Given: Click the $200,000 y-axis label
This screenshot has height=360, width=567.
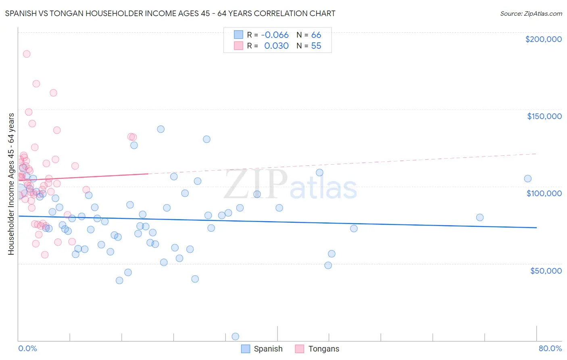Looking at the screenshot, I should pos(543,39).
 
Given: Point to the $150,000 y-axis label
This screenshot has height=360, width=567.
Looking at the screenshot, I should pos(544,116).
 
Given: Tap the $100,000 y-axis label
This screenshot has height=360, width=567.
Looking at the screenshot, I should pos(544,193).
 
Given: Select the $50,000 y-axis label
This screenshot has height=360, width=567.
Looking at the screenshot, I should pos(546,270).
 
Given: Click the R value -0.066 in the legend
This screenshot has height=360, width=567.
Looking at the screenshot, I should pos(275,35).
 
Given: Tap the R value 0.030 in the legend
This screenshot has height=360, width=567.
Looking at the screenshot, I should pos(276,46).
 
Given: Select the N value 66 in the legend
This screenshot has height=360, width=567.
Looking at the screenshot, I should pos(316,35).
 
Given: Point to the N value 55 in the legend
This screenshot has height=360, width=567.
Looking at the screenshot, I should pos(316,46).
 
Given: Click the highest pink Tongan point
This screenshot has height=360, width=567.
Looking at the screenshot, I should pos(27,54).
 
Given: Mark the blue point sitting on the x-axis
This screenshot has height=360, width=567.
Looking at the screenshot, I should pos(236,337).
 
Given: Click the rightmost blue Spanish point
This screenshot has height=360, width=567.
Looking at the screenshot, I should pos(527,179).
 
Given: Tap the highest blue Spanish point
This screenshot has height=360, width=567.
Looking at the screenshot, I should pos(161,129).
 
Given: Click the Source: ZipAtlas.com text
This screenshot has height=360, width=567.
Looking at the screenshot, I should pos(531,14).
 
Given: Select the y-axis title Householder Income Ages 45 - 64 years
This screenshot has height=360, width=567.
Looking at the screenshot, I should pos(11,184).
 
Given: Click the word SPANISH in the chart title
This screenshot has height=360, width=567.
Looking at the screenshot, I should pos(21,14).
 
